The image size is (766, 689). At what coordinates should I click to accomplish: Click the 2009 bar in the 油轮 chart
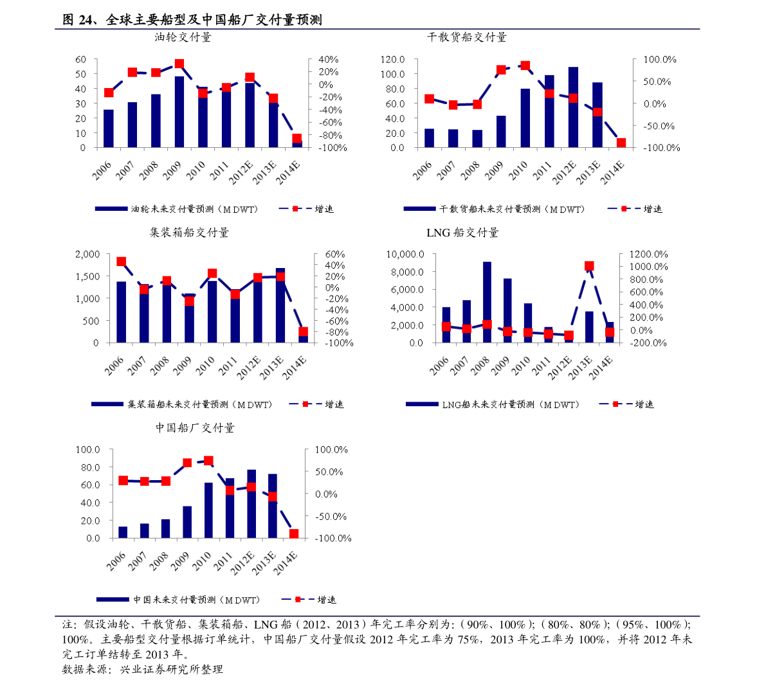[x=179, y=112]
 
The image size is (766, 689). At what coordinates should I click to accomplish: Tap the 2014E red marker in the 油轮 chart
[x=296, y=138]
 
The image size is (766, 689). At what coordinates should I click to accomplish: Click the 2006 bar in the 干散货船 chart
[x=429, y=138]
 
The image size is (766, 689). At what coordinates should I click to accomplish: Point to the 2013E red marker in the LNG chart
[x=589, y=266]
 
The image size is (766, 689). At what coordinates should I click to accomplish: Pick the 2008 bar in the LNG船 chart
[x=487, y=296]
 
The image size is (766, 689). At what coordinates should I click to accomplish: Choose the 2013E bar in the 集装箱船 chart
[x=280, y=309]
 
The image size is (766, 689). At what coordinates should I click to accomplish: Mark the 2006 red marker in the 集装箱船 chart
[x=121, y=262]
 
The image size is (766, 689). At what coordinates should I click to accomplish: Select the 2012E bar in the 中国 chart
[x=251, y=508]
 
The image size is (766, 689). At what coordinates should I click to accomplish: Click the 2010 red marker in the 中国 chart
[x=208, y=461]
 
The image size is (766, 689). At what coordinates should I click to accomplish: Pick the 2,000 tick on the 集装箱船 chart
[x=87, y=255]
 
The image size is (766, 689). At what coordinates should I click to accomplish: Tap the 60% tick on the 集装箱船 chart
[x=334, y=255]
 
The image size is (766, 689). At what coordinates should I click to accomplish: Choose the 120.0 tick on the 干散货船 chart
[x=392, y=59]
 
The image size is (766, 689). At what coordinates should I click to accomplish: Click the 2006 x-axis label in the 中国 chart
[x=116, y=561]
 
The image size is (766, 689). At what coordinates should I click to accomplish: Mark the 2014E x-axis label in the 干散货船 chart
[x=612, y=172]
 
